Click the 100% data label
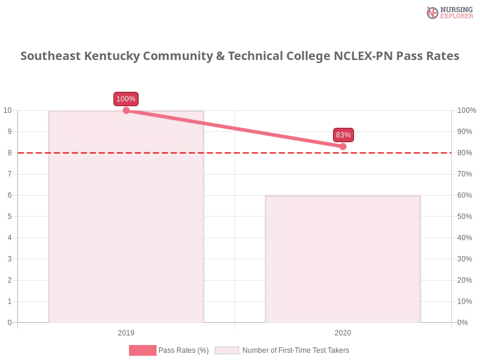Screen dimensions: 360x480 tap(126, 99)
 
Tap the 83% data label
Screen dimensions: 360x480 tap(343, 135)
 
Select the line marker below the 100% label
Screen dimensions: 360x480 tap(126, 110)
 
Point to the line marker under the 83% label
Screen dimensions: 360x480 tap(343, 146)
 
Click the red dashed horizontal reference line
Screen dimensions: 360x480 tap(240, 152)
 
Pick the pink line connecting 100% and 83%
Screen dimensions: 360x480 tap(234, 128)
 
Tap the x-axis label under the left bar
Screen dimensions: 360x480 tap(125, 331)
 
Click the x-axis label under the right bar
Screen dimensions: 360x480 tap(343, 331)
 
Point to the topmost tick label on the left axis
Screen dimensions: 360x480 tap(7, 110)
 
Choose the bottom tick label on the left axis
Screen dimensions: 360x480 tap(9, 321)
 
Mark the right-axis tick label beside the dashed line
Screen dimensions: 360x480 tap(465, 153)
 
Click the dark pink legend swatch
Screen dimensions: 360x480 tap(142, 350)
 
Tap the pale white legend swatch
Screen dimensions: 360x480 tap(227, 350)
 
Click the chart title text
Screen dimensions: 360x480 tap(240, 56)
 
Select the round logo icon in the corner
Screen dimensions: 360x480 tap(433, 13)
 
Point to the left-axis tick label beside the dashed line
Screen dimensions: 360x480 tap(9, 153)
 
